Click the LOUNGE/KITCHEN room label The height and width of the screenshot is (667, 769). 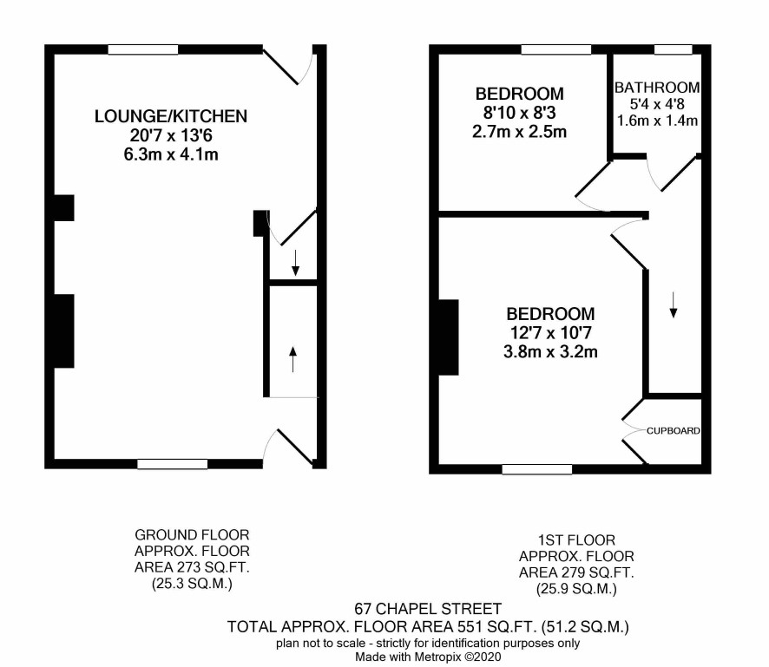pos(171,116)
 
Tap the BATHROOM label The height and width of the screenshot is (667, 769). pos(657,88)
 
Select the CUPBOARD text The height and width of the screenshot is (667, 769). pos(673,431)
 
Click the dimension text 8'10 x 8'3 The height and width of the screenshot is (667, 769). pos(519,113)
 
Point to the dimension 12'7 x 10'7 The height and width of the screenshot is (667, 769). pos(551,333)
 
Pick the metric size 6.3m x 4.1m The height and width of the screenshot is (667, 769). pos(171,154)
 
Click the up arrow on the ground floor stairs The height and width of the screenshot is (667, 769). pos(293,359)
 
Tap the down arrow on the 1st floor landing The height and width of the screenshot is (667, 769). pos(674,304)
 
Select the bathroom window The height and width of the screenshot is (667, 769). pos(673,49)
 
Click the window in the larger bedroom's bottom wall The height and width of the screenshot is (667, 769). pos(537,469)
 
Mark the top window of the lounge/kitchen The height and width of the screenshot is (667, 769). pos(142,49)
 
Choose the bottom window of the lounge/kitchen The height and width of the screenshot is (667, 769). pos(172,464)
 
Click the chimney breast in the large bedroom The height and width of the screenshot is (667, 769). pos(448,337)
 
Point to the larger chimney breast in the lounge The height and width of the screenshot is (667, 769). pos(63,330)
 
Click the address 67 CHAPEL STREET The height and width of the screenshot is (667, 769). pos(428,609)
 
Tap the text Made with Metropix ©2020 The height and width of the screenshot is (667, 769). pos(428,657)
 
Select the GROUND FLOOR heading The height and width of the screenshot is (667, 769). pos(192,534)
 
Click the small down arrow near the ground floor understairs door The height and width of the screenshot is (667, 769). pos(295,263)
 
